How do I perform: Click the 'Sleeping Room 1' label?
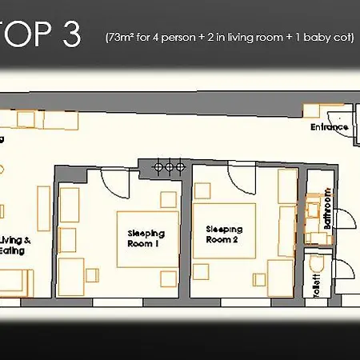[x=146, y=238]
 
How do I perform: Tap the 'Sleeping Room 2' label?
[x=222, y=234]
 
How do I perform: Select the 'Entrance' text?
[x=329, y=127]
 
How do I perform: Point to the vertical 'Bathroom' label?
[x=328, y=210]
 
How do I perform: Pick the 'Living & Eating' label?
[x=15, y=245]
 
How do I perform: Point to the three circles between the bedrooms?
[x=170, y=166]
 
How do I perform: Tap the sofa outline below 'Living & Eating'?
[x=16, y=282]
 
